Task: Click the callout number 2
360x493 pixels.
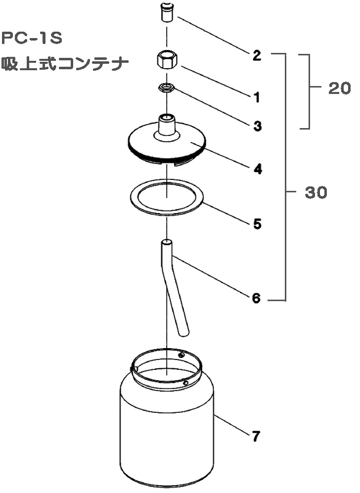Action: (x=257, y=55)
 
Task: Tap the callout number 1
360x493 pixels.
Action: (x=257, y=97)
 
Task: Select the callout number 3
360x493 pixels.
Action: (x=257, y=126)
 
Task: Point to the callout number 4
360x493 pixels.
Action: (x=258, y=169)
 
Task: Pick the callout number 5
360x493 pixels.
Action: (x=257, y=224)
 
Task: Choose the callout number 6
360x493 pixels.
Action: (x=257, y=298)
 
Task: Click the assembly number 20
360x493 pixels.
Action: (x=340, y=89)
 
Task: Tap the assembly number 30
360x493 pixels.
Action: (x=316, y=192)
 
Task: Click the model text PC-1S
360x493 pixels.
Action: (x=32, y=39)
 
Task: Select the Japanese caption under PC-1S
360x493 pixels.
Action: (x=65, y=64)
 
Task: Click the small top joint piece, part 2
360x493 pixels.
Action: (x=167, y=12)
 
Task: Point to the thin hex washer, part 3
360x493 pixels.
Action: (x=167, y=88)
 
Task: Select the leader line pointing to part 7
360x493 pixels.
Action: (x=231, y=424)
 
